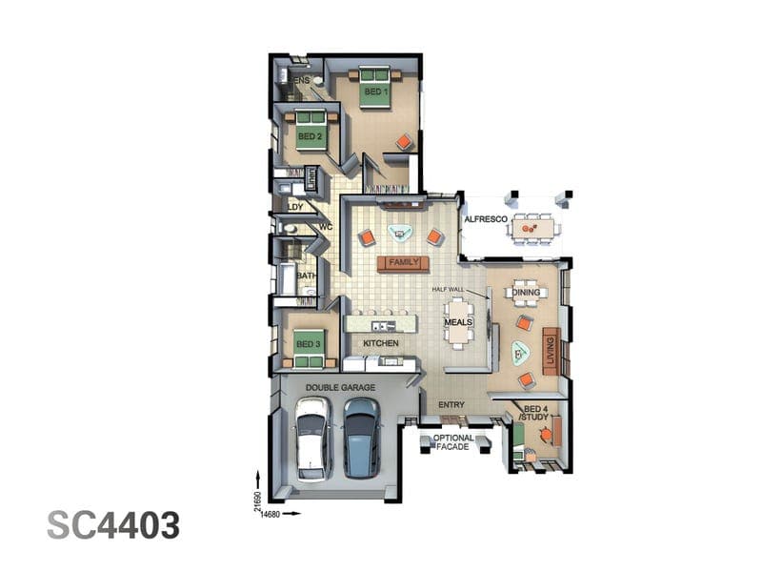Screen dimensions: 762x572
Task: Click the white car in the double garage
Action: coord(313,439)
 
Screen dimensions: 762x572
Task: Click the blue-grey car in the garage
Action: coord(362,439)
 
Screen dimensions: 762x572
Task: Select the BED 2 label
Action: coord(310,136)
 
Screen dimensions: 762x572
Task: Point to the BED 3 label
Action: coord(308,344)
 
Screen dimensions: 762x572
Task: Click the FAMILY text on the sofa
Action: coord(404,262)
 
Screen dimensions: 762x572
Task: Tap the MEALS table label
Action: coord(458,322)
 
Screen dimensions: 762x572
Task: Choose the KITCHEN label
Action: coord(381,343)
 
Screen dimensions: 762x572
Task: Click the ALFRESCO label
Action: coord(486,219)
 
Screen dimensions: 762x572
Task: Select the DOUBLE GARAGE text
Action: coord(340,388)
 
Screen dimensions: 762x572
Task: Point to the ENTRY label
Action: coord(451,404)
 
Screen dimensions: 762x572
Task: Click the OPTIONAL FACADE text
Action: coord(453,442)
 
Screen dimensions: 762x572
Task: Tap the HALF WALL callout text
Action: coord(448,290)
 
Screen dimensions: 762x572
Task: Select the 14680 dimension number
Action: coord(271,514)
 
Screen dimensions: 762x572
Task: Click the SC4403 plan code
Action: coord(113,525)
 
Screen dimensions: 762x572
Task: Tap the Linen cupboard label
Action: coord(311,178)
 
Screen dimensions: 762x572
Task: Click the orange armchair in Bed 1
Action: coord(404,142)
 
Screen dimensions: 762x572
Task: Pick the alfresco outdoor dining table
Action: coord(533,228)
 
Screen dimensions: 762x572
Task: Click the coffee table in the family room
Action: coord(400,233)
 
